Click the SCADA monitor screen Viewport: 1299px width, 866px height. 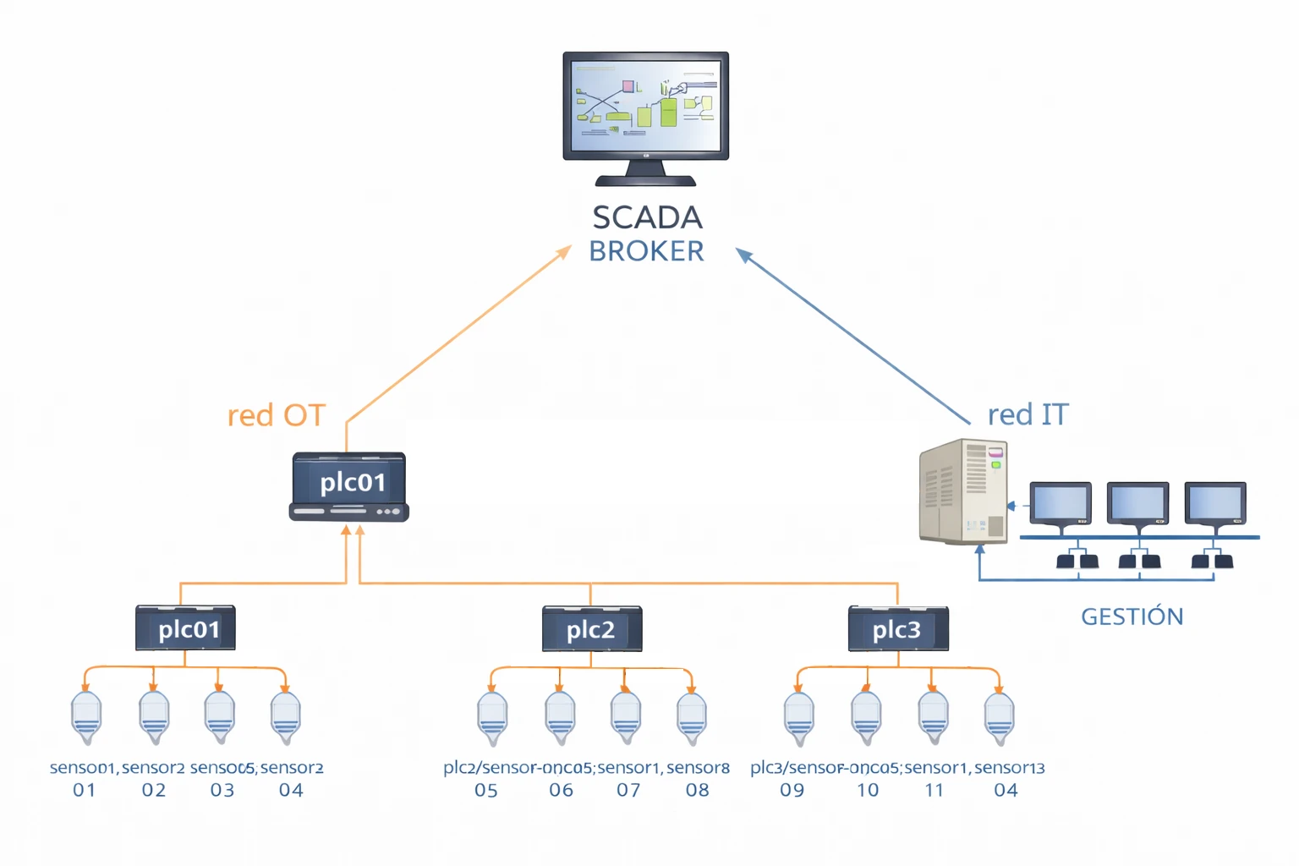click(646, 105)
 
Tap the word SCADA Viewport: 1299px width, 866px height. click(647, 218)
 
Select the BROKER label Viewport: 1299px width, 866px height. click(646, 252)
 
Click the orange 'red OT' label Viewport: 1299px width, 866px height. click(277, 416)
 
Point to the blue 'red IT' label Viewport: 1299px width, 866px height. click(1028, 415)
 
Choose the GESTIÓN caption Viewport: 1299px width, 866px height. click(1132, 617)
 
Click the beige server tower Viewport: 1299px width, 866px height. click(963, 491)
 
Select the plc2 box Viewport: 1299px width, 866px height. click(592, 629)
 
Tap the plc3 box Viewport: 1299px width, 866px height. click(898, 629)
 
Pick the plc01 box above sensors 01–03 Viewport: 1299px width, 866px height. click(186, 628)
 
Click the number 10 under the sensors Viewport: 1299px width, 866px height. click(868, 791)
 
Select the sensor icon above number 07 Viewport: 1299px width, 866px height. click(626, 717)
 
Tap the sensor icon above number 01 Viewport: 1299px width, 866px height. click(86, 717)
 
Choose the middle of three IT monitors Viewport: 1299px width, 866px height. click(1137, 504)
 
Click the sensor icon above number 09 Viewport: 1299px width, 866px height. click(798, 717)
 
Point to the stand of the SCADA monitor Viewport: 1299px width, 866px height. click(645, 173)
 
